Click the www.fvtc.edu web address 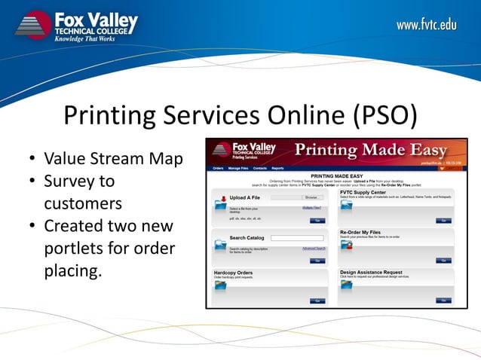click(x=427, y=26)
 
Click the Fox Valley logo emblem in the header click(x=33, y=24)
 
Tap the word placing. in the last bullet click(x=72, y=271)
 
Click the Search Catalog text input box click(x=296, y=238)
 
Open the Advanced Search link click(x=314, y=249)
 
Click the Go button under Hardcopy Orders click(x=317, y=301)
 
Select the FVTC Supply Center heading click(x=369, y=192)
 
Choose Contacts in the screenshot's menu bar click(x=259, y=169)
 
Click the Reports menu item click(x=278, y=169)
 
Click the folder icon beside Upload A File click(x=220, y=203)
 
